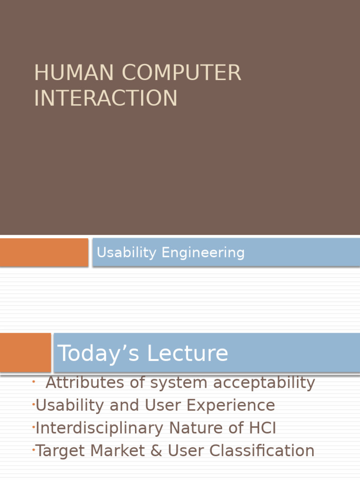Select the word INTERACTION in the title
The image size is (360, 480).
[x=105, y=98]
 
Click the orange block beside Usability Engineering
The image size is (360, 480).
[x=44, y=252]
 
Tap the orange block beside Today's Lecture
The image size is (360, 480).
[x=25, y=352]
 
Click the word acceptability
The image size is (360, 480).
[x=264, y=383]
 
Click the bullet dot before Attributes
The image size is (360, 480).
[x=34, y=382]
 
